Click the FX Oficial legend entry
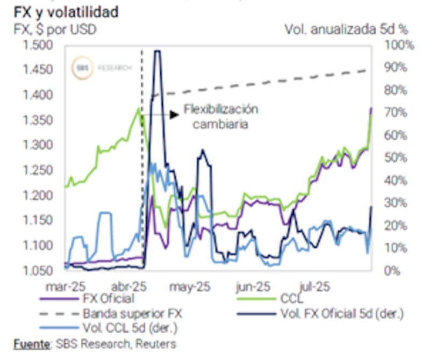pos(107,299)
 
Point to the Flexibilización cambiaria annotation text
pos(221,116)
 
